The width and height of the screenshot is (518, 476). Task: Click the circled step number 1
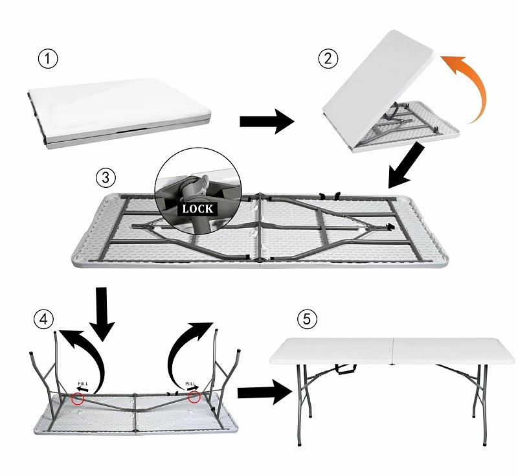48,59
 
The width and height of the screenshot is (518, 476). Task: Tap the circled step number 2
328,59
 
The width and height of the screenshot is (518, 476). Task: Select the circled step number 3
106,177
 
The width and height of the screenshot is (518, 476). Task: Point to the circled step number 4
43,319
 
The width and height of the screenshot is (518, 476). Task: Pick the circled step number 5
307,319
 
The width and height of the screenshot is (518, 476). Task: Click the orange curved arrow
476,83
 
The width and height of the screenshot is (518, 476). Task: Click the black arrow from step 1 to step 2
267,121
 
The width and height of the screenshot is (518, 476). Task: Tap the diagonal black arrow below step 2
406,166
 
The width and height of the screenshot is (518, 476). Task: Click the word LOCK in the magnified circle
198,209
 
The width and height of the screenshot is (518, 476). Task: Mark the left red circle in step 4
78,399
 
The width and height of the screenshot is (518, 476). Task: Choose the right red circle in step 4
194,397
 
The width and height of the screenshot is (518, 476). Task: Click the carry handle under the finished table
346,369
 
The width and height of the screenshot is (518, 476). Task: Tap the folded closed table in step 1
119,114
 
